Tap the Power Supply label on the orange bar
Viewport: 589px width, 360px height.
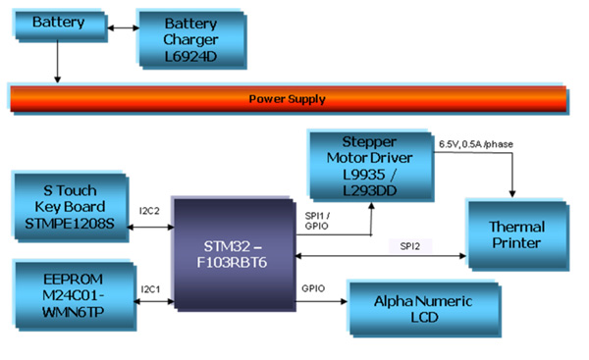(x=287, y=99)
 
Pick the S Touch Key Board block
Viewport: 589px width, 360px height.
(x=69, y=202)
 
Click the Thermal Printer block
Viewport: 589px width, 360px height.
(x=516, y=233)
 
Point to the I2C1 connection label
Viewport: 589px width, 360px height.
(x=151, y=289)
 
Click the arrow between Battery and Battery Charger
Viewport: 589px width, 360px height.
(x=122, y=29)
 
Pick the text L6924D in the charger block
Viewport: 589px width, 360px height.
(x=190, y=54)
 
